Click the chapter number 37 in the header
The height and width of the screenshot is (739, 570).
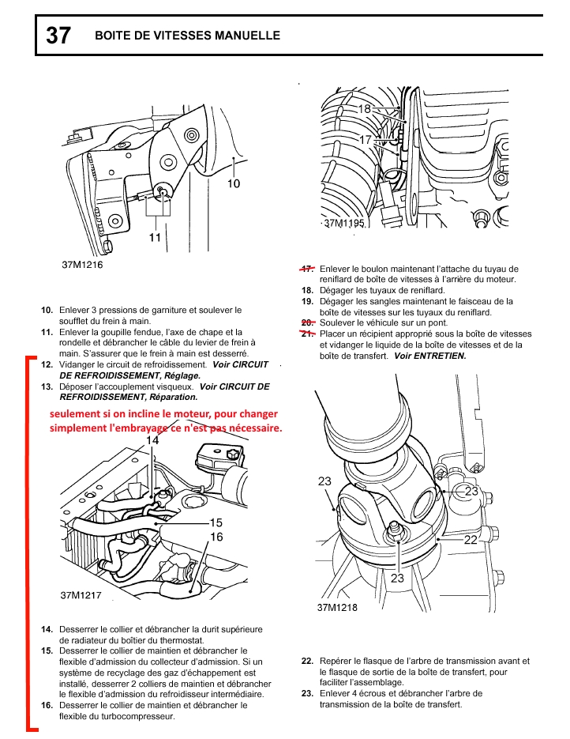tap(58, 36)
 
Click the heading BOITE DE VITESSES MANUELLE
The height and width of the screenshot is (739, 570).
tap(187, 36)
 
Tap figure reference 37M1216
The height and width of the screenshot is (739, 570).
tap(82, 265)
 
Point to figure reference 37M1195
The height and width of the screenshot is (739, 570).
tap(344, 224)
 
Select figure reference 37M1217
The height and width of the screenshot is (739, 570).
tap(81, 594)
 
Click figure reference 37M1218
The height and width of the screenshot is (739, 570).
tap(337, 608)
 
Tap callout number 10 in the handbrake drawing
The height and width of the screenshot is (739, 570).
tap(234, 183)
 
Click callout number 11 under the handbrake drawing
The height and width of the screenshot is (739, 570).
tap(155, 236)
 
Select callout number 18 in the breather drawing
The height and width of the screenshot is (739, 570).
tap(365, 108)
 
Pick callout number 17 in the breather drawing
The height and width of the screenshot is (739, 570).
tap(365, 139)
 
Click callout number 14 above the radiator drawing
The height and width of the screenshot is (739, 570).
tap(152, 440)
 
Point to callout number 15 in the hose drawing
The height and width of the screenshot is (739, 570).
tap(216, 522)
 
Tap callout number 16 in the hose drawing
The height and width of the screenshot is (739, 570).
tap(216, 537)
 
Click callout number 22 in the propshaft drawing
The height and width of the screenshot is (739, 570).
tap(470, 540)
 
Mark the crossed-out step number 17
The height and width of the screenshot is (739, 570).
tap(308, 269)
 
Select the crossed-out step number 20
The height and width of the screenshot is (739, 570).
tap(308, 322)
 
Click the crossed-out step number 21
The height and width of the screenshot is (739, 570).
tap(308, 334)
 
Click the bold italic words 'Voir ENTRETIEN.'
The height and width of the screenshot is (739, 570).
tap(430, 356)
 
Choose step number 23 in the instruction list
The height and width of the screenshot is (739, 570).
tap(308, 693)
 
